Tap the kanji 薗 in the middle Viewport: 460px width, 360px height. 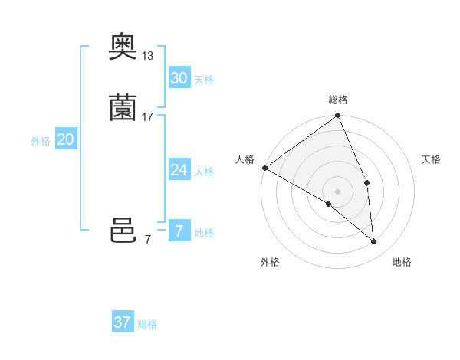click(x=123, y=108)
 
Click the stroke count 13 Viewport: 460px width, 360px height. click(x=148, y=56)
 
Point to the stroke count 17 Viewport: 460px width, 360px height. click(x=148, y=116)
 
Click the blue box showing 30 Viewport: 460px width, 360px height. click(x=179, y=78)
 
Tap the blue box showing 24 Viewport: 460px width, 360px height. click(x=179, y=170)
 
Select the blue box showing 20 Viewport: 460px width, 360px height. click(x=66, y=139)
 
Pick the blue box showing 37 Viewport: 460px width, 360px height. click(x=122, y=322)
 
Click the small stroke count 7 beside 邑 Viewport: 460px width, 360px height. click(x=148, y=240)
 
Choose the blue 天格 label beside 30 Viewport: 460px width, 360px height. click(x=204, y=80)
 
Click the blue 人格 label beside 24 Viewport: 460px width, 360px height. click(x=204, y=172)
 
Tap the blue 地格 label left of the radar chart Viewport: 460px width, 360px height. click(x=204, y=233)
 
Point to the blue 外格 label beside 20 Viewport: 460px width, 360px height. click(x=41, y=141)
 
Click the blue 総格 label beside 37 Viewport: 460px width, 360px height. click(x=147, y=324)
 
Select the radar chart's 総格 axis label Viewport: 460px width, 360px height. click(x=338, y=100)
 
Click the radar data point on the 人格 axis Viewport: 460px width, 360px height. click(x=264, y=168)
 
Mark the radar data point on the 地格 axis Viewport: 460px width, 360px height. click(x=374, y=241)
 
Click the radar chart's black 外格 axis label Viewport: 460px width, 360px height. click(x=270, y=263)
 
